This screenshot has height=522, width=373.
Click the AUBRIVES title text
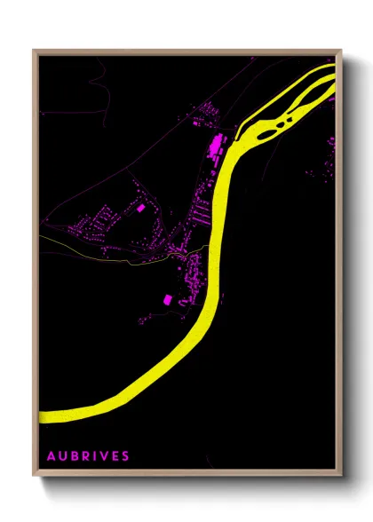click(89, 455)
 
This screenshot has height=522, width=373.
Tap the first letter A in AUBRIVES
click(52, 455)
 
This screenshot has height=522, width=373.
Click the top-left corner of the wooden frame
click(35, 51)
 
